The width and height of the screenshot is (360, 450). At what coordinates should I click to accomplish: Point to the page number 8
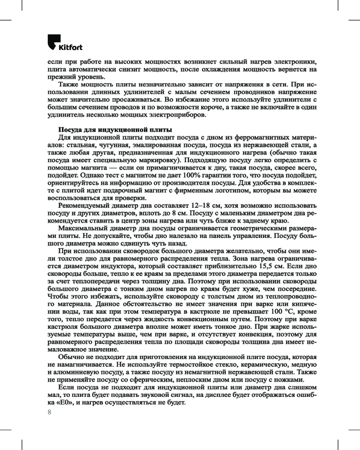[x=50, y=412]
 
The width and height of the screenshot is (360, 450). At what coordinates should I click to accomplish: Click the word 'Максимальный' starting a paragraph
[x=83, y=229]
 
